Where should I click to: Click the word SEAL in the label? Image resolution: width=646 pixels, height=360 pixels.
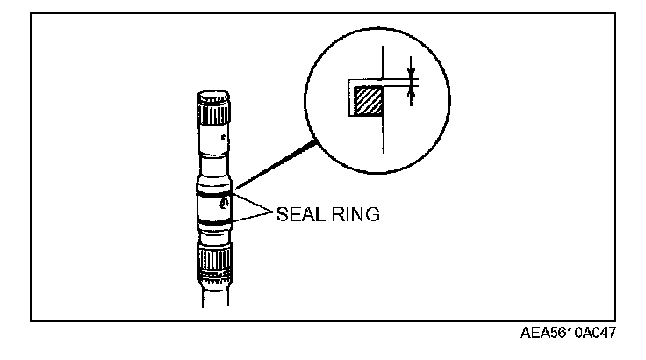pos(300,213)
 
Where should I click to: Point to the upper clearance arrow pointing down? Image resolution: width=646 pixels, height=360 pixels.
pos(410,67)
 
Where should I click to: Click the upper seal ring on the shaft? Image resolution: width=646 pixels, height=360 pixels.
pos(214,193)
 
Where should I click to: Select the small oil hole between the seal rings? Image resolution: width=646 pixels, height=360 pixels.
pos(226,204)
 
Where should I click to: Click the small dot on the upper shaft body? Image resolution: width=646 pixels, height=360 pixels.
pos(226,137)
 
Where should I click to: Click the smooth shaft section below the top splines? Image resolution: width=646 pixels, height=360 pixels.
pos(214,140)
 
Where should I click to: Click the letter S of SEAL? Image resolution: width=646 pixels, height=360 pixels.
pos(282,213)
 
